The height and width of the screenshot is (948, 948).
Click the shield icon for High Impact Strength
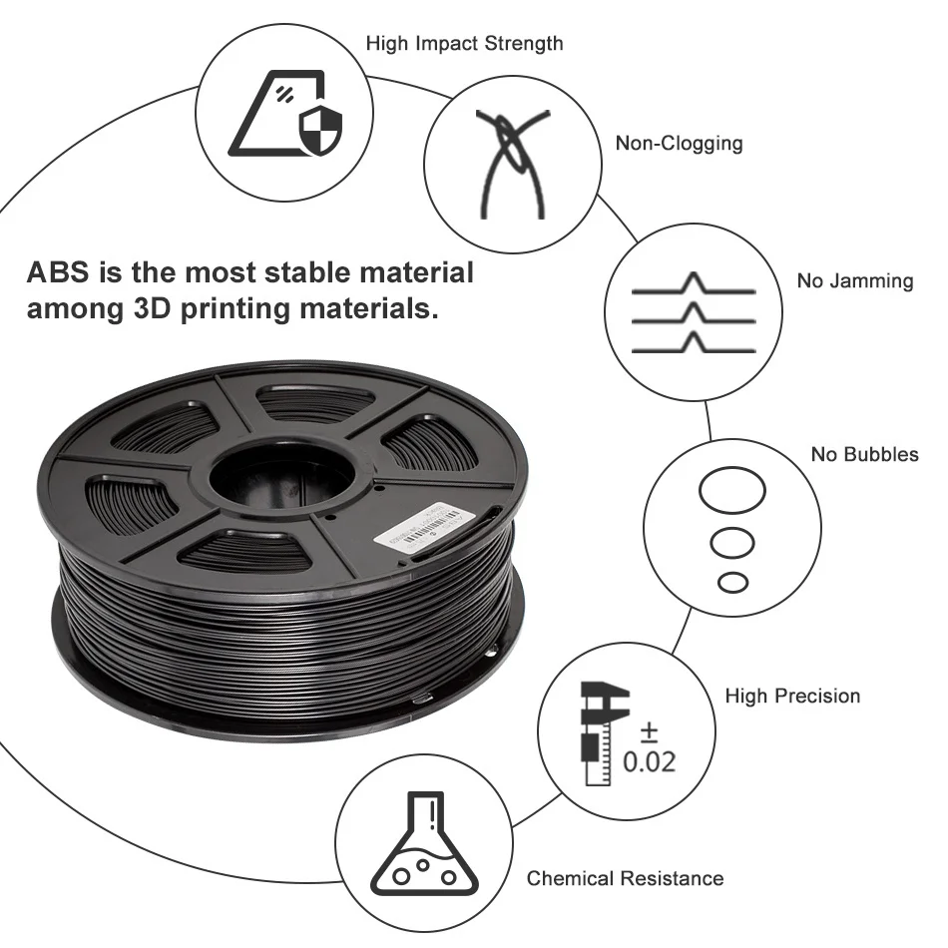click(320, 130)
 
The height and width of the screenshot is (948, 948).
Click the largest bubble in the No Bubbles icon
click(732, 492)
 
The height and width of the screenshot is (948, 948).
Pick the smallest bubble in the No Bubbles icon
click(733, 581)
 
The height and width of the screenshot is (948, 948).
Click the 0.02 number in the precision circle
click(649, 762)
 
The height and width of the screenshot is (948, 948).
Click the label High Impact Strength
click(464, 44)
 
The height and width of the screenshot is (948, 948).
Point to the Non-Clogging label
click(679, 143)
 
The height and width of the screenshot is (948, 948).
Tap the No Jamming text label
click(854, 281)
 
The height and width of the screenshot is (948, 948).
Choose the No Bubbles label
click(864, 455)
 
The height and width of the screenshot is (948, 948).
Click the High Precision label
click(792, 696)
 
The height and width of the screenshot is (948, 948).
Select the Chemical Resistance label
click(625, 879)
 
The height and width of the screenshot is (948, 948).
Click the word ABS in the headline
click(59, 272)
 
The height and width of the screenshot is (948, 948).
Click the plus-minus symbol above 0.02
click(650, 733)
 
